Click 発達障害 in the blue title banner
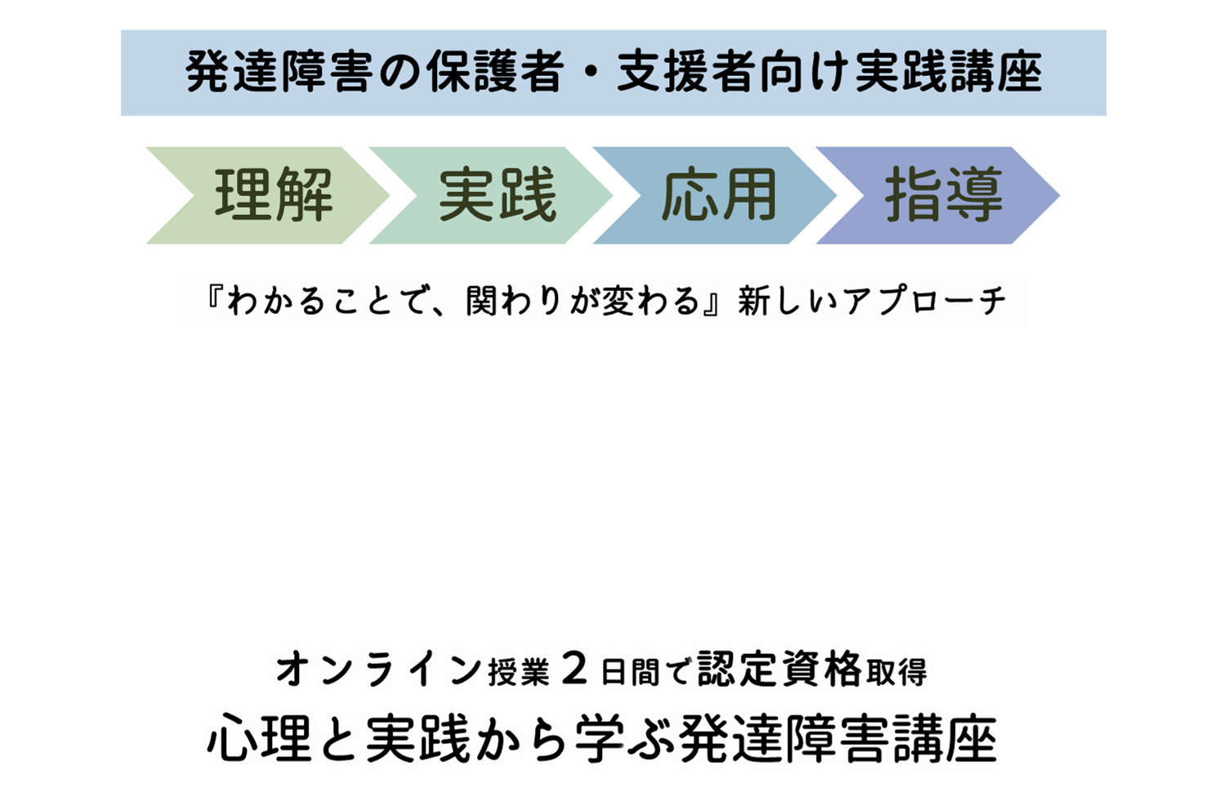pyautogui.click(x=279, y=73)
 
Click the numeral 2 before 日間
pyautogui.click(x=575, y=670)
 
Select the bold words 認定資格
pyautogui.click(x=780, y=670)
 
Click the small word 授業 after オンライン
pyautogui.click(x=519, y=673)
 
